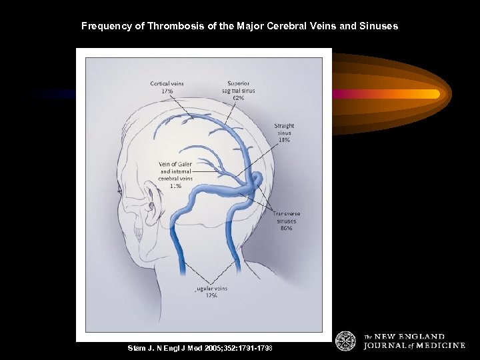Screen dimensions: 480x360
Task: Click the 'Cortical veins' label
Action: tap(167, 83)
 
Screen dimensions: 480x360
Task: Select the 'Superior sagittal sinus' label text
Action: tap(238, 87)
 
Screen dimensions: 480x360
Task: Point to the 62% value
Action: tap(238, 97)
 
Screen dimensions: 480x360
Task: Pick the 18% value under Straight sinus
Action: tap(284, 140)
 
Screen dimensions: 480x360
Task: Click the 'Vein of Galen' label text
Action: tap(175, 164)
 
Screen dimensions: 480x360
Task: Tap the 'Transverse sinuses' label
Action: tap(288, 217)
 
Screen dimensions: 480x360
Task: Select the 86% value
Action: tap(287, 228)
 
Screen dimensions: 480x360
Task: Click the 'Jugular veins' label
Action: tap(211, 289)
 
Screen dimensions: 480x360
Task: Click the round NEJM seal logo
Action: tap(345, 341)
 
